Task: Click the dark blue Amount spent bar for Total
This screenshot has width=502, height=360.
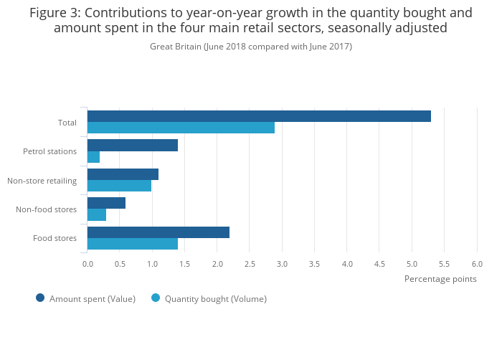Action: (259, 116)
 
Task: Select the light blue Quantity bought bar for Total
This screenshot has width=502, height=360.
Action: (181, 128)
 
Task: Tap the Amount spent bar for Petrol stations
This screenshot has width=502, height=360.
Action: (133, 146)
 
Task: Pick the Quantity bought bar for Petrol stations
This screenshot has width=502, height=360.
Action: (93, 157)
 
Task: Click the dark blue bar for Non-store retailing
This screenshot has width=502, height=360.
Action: (123, 174)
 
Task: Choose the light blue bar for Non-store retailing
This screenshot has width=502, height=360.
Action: (119, 186)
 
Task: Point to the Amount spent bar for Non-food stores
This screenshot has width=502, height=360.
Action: (106, 203)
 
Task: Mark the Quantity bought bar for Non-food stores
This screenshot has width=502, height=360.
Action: (97, 214)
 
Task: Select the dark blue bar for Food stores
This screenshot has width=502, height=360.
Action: (158, 232)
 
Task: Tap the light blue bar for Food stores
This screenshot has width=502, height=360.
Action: (133, 244)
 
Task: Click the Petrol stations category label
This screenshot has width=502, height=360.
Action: (49, 151)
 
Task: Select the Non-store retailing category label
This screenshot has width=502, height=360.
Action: (42, 181)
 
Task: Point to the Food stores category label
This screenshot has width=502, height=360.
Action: (55, 238)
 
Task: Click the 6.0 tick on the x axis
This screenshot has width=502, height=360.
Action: (477, 264)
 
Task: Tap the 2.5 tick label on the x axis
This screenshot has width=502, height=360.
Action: (250, 264)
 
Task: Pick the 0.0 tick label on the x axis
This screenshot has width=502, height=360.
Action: (87, 264)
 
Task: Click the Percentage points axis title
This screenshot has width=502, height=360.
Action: (440, 279)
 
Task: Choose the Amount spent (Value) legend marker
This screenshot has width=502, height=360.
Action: (40, 298)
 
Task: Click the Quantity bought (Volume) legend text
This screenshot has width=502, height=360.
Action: (215, 299)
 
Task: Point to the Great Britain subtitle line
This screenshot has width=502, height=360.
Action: (251, 47)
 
